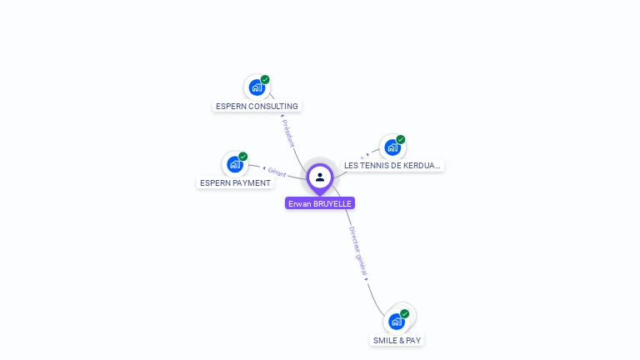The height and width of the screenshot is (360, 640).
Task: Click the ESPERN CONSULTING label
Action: pyautogui.click(x=257, y=106)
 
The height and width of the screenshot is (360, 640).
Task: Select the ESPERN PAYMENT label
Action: pyautogui.click(x=235, y=182)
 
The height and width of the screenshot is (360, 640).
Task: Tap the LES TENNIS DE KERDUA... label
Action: pyautogui.click(x=392, y=165)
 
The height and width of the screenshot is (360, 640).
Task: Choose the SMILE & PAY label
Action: pyautogui.click(x=397, y=340)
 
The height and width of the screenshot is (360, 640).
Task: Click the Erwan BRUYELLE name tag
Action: pyautogui.click(x=320, y=202)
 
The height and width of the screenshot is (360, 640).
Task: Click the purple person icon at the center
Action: pyautogui.click(x=320, y=177)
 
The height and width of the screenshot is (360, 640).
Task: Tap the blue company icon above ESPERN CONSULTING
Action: pyautogui.click(x=256, y=87)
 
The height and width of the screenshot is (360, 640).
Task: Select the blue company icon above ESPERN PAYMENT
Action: pyautogui.click(x=234, y=163)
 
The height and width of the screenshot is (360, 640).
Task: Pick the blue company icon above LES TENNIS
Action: pyautogui.click(x=392, y=147)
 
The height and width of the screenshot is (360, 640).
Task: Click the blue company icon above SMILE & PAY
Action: pyautogui.click(x=396, y=321)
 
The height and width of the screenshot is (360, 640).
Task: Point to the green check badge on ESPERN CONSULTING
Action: pyautogui.click(x=265, y=80)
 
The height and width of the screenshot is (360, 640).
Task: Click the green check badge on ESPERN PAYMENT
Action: pyautogui.click(x=243, y=157)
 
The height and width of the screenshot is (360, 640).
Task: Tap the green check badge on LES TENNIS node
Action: pyautogui.click(x=401, y=139)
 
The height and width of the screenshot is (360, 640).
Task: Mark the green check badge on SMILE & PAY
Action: pyautogui.click(x=405, y=314)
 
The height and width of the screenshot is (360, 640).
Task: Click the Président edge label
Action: pyautogui.click(x=288, y=133)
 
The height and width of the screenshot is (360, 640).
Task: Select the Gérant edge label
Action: pyautogui.click(x=277, y=172)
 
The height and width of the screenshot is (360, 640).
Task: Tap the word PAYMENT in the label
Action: pyautogui.click(x=252, y=182)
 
